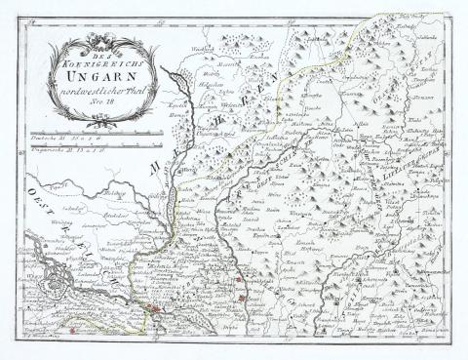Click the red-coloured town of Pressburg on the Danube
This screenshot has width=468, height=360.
153,309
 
